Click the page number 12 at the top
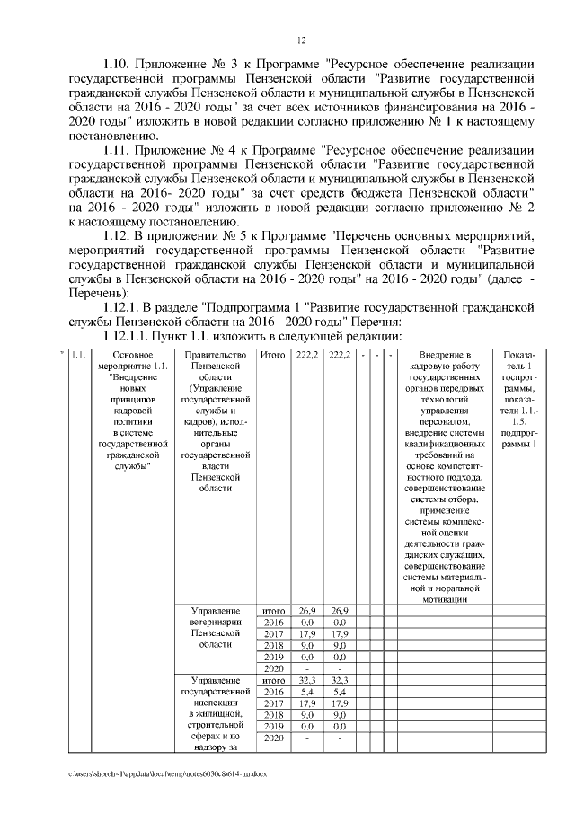pos(302,40)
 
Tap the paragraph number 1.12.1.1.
pos(133,335)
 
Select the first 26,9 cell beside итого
pos(307,610)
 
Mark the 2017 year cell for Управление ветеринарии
pos(272,633)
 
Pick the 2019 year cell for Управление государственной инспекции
pos(272,726)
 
